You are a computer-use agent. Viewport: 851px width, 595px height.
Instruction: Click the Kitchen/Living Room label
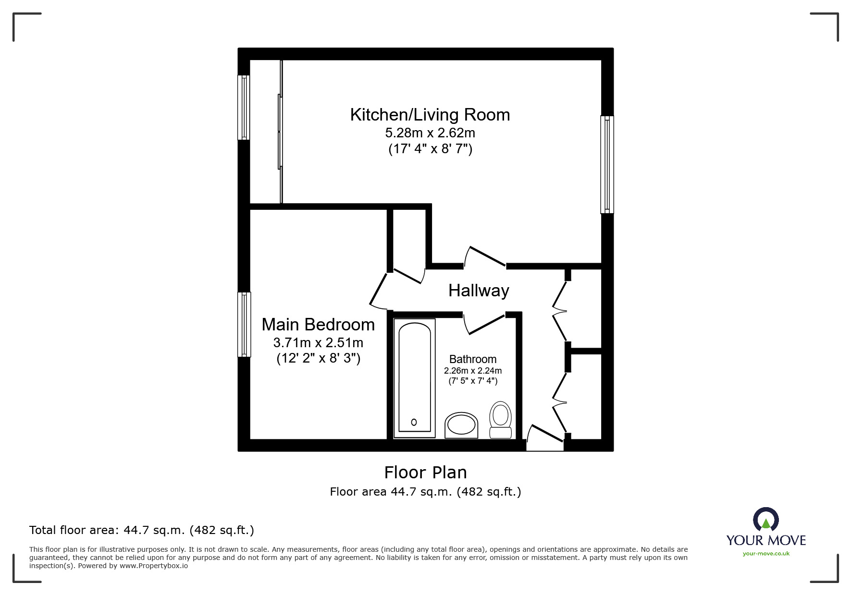tap(430, 115)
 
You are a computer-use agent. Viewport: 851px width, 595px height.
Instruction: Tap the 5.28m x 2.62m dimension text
tap(430, 133)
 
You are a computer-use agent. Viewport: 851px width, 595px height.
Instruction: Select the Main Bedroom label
tap(318, 325)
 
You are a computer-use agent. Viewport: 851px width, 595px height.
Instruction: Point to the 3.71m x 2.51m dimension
tap(318, 343)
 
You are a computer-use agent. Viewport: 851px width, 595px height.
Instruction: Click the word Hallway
tap(478, 291)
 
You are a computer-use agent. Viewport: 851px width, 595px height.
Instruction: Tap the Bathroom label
tap(472, 359)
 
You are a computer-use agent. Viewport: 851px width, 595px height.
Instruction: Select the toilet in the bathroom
tap(500, 420)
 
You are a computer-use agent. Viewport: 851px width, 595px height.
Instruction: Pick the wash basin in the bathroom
tap(461, 425)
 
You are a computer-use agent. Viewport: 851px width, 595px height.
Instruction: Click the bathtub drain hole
tap(414, 422)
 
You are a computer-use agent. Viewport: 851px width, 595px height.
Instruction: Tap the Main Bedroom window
tap(244, 324)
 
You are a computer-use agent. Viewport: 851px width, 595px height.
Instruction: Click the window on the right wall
tap(607, 164)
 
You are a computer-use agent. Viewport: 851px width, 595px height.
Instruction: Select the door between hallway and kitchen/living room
tap(485, 256)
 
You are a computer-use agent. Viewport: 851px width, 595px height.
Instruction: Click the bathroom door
tap(485, 324)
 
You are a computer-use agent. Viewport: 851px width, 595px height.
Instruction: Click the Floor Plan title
tap(425, 473)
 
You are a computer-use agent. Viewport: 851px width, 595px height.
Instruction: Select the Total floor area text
tap(141, 530)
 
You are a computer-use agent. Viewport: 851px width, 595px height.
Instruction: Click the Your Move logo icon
tap(765, 520)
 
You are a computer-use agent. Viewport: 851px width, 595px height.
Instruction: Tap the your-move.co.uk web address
tap(765, 554)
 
